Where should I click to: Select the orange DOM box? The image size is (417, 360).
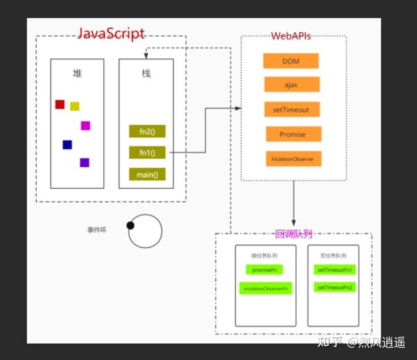point(291,61)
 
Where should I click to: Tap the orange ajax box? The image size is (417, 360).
point(291,84)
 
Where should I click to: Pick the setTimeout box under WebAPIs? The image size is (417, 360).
point(291,109)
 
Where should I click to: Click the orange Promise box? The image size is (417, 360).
point(293,134)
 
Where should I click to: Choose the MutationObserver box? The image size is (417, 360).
point(293,159)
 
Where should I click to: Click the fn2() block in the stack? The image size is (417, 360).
point(147,132)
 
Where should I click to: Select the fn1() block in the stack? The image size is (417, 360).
point(147,153)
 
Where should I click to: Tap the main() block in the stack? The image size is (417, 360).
point(147,175)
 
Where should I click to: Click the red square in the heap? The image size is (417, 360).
point(59,104)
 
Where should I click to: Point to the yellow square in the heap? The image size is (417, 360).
point(75,107)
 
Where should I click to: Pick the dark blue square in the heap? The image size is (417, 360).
point(67,145)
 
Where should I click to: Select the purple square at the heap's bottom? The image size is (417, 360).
point(84,163)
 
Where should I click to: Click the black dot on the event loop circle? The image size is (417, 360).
point(130,226)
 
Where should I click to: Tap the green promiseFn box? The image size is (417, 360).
point(264,270)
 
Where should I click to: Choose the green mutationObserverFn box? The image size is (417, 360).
point(265,288)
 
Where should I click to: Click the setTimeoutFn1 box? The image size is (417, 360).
point(335,270)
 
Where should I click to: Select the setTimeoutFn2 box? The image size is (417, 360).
point(335,287)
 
